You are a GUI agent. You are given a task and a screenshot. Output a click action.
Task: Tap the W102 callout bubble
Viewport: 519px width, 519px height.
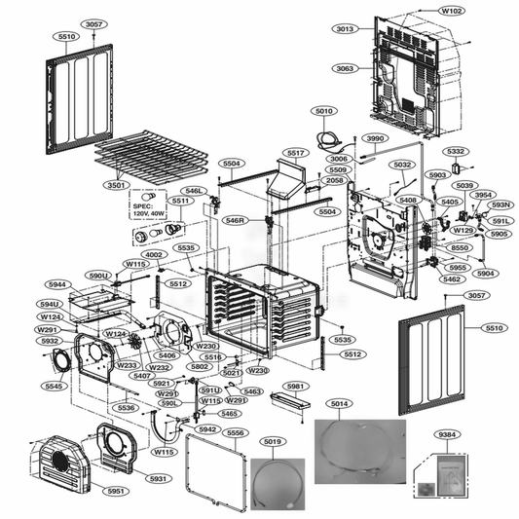pos(451,11)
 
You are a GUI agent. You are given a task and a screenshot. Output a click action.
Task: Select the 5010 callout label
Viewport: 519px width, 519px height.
pos(323,111)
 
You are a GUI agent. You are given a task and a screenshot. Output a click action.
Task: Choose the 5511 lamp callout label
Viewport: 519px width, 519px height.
pos(180,201)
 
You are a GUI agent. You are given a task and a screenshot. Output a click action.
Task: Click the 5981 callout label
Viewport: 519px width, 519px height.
pos(295,387)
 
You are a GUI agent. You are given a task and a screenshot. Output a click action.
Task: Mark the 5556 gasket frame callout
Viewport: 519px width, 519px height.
pos(235,432)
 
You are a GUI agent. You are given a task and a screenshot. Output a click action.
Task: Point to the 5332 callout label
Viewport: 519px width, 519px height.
pos(456,152)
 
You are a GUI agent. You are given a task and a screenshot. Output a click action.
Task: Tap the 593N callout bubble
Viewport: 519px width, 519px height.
pos(500,204)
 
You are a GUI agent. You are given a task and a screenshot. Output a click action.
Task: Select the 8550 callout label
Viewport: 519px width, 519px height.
pos(461,249)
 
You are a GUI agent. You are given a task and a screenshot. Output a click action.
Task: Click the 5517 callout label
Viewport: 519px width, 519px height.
pos(295,154)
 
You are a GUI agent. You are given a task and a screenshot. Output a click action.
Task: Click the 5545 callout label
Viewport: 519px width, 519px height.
pos(55,386)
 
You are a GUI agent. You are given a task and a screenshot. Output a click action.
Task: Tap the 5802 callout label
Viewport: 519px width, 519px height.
pos(200,366)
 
